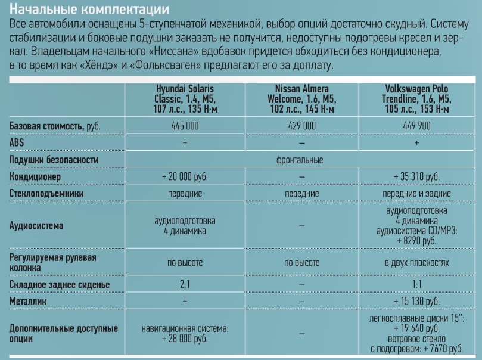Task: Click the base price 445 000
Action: coord(184,126)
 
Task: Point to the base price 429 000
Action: coord(302,126)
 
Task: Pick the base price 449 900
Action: coord(416,126)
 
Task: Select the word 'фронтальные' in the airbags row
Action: coord(302,160)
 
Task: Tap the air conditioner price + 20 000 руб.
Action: coord(184,177)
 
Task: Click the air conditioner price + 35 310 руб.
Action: coord(416,177)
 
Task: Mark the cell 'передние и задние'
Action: coord(416,194)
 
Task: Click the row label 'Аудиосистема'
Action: coord(37,226)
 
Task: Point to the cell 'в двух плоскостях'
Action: coord(416,262)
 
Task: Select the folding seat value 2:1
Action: coord(184,284)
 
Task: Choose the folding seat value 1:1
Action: coord(416,284)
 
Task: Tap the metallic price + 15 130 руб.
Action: coord(416,302)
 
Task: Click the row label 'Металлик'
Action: coord(30,302)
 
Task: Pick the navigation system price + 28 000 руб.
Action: coord(184,338)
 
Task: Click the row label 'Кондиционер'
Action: coord(38,177)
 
